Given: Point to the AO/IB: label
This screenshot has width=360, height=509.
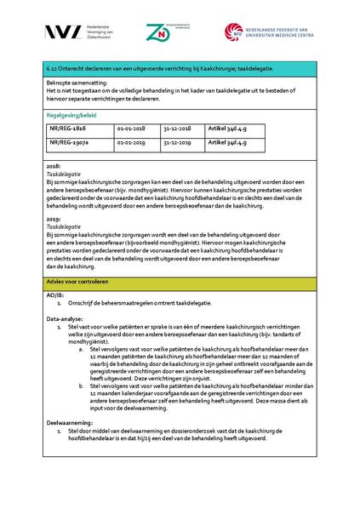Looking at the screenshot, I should pos(56,295).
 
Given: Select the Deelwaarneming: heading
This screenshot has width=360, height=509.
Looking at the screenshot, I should pos(71,422).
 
